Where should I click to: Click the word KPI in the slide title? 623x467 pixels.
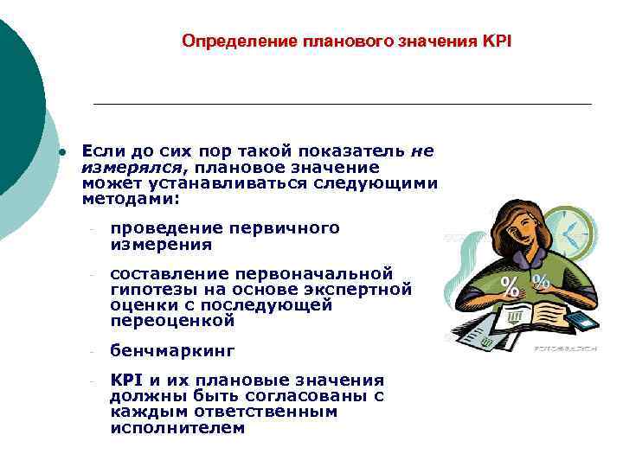[x=497, y=41]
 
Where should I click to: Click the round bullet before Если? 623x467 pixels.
[x=62, y=152]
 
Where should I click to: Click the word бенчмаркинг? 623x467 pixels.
[x=172, y=352]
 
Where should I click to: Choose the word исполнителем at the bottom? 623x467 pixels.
[x=177, y=427]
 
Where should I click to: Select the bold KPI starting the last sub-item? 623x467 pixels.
[x=126, y=381]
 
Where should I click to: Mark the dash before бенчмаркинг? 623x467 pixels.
[x=89, y=353]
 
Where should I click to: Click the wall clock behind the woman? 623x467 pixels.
[x=570, y=232]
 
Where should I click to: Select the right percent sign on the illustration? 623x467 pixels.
[x=541, y=281]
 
